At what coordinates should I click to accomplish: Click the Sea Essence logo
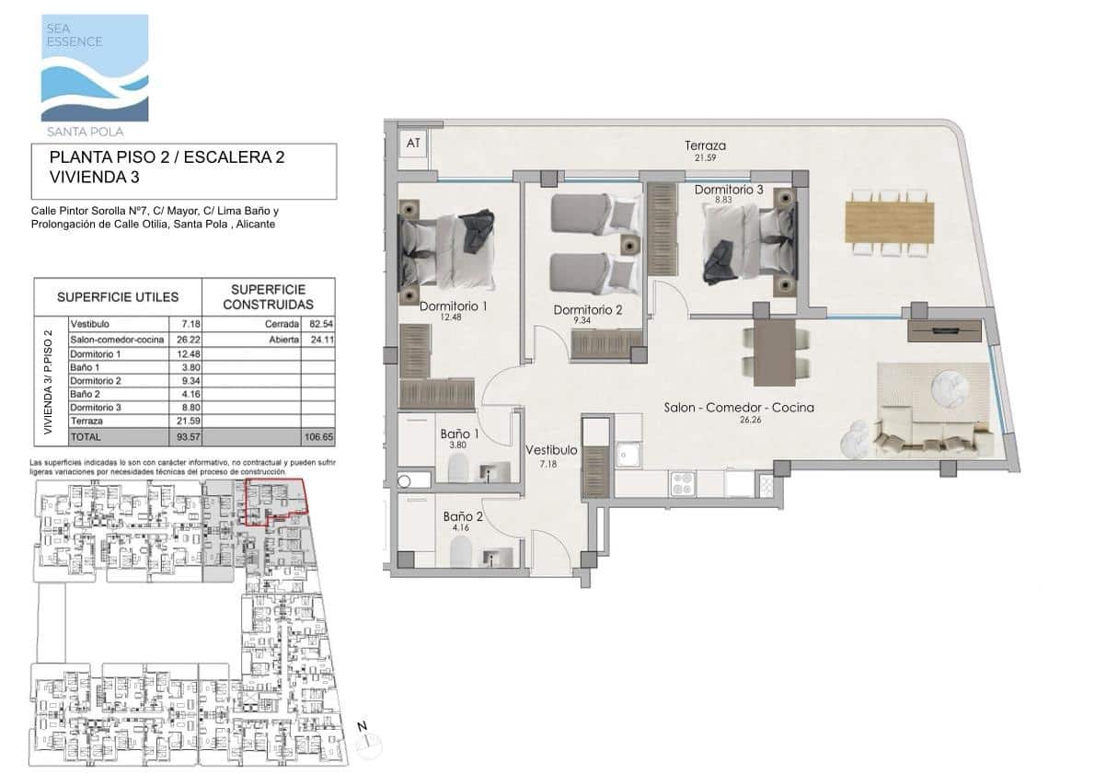click(x=94, y=68)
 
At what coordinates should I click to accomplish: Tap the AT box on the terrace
click(x=413, y=143)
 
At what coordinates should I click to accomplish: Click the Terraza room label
click(x=705, y=145)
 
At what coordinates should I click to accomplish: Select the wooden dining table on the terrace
click(x=889, y=222)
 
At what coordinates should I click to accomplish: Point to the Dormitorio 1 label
click(x=453, y=306)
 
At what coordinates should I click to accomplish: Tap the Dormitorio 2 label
click(x=588, y=310)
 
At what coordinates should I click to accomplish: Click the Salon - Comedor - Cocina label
click(x=740, y=408)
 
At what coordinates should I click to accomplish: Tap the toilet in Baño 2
click(x=460, y=553)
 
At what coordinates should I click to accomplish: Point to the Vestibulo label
click(x=551, y=451)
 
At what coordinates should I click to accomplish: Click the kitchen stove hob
click(x=683, y=483)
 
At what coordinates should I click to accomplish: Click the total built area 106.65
click(x=317, y=436)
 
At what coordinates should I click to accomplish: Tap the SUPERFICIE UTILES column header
click(x=118, y=297)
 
